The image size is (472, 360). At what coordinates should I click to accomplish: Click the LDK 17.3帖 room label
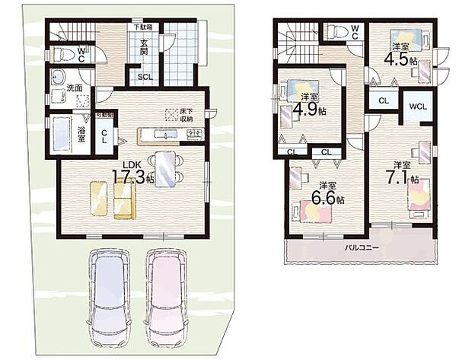coord(133,171)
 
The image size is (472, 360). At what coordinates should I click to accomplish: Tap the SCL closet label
coord(144,77)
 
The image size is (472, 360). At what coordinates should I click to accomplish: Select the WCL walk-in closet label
coord(417,107)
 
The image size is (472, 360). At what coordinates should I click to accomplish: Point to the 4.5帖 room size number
coord(399,59)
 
